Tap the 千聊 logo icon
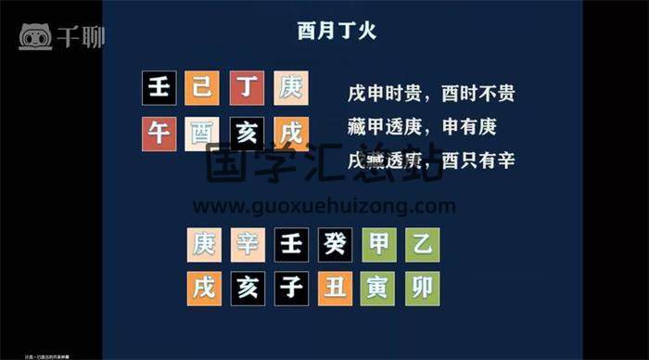coord(35,36)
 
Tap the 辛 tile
coord(247,245)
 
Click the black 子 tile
coord(290,289)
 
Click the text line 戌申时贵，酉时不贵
coord(431,94)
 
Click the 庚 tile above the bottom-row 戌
coord(203,245)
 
